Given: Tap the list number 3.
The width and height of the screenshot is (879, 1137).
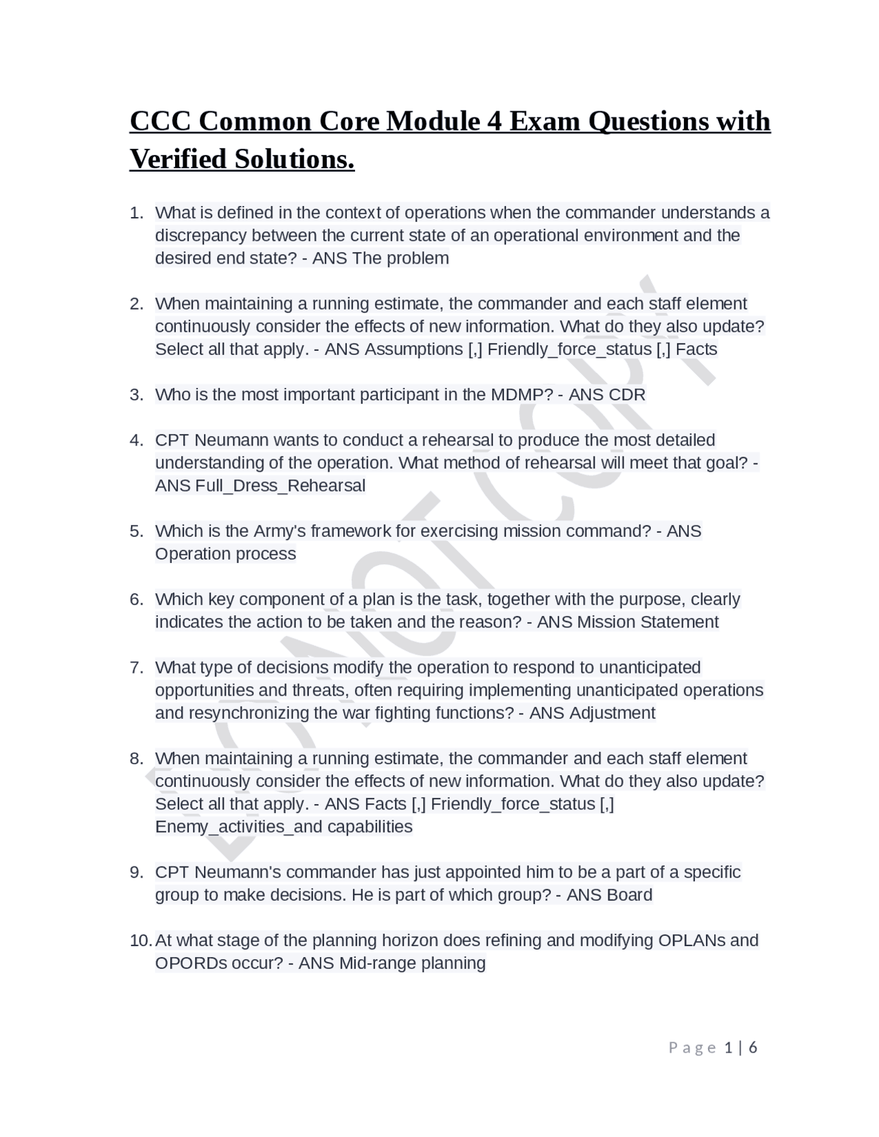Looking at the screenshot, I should [136, 395].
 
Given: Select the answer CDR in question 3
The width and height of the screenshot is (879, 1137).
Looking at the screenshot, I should [626, 395].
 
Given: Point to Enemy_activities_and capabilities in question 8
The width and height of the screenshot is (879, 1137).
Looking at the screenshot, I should [284, 827].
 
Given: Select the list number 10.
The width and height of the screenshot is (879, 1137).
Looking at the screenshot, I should [139, 941].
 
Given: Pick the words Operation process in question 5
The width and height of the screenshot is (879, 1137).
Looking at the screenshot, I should [225, 554].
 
